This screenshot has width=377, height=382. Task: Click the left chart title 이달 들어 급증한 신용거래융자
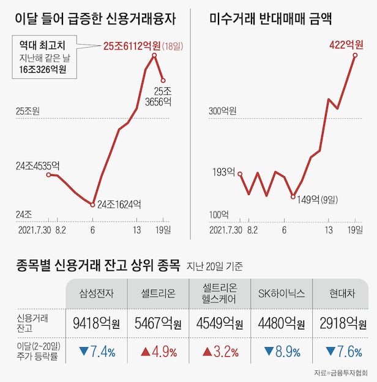point(95,19)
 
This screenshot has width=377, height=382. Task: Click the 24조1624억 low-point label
point(119,204)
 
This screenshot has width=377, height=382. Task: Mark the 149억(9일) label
point(317,199)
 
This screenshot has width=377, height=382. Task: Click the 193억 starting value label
point(224,171)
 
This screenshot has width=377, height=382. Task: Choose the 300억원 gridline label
point(222,111)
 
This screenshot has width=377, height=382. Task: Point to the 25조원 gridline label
point(28,111)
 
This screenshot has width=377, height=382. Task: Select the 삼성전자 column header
point(96,293)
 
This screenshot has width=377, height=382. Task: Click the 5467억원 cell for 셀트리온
point(158,323)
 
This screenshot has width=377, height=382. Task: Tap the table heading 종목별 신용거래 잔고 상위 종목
point(97,266)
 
